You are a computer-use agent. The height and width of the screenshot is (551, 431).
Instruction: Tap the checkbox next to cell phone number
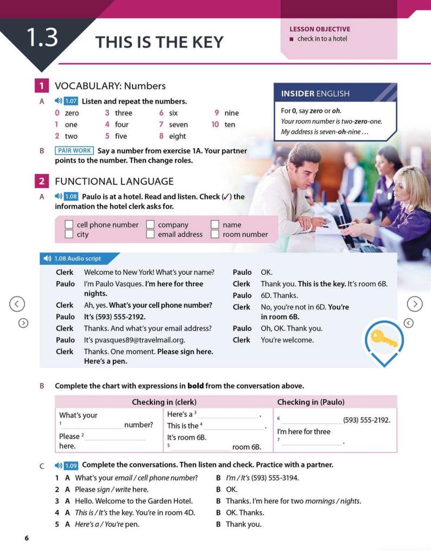[69, 225]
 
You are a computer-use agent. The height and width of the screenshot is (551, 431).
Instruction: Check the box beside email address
[150, 235]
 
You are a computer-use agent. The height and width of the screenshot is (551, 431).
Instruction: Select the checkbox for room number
[215, 235]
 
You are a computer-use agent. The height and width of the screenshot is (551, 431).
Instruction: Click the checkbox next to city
[69, 235]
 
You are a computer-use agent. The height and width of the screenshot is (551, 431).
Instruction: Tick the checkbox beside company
[150, 225]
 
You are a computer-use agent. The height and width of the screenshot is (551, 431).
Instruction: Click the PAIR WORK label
[74, 150]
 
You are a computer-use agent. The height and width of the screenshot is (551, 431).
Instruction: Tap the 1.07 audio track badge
[71, 101]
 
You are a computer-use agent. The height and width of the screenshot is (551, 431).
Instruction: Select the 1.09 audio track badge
[71, 465]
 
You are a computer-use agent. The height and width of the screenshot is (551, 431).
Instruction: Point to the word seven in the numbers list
[178, 125]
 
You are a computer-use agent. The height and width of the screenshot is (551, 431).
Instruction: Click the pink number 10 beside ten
[215, 125]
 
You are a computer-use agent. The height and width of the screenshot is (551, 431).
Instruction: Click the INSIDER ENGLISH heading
[315, 94]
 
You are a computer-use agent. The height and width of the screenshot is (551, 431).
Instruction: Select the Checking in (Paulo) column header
[310, 402]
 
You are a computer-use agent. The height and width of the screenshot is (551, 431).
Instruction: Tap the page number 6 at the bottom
[26, 538]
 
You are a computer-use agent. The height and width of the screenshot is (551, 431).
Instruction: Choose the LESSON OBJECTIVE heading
[320, 29]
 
